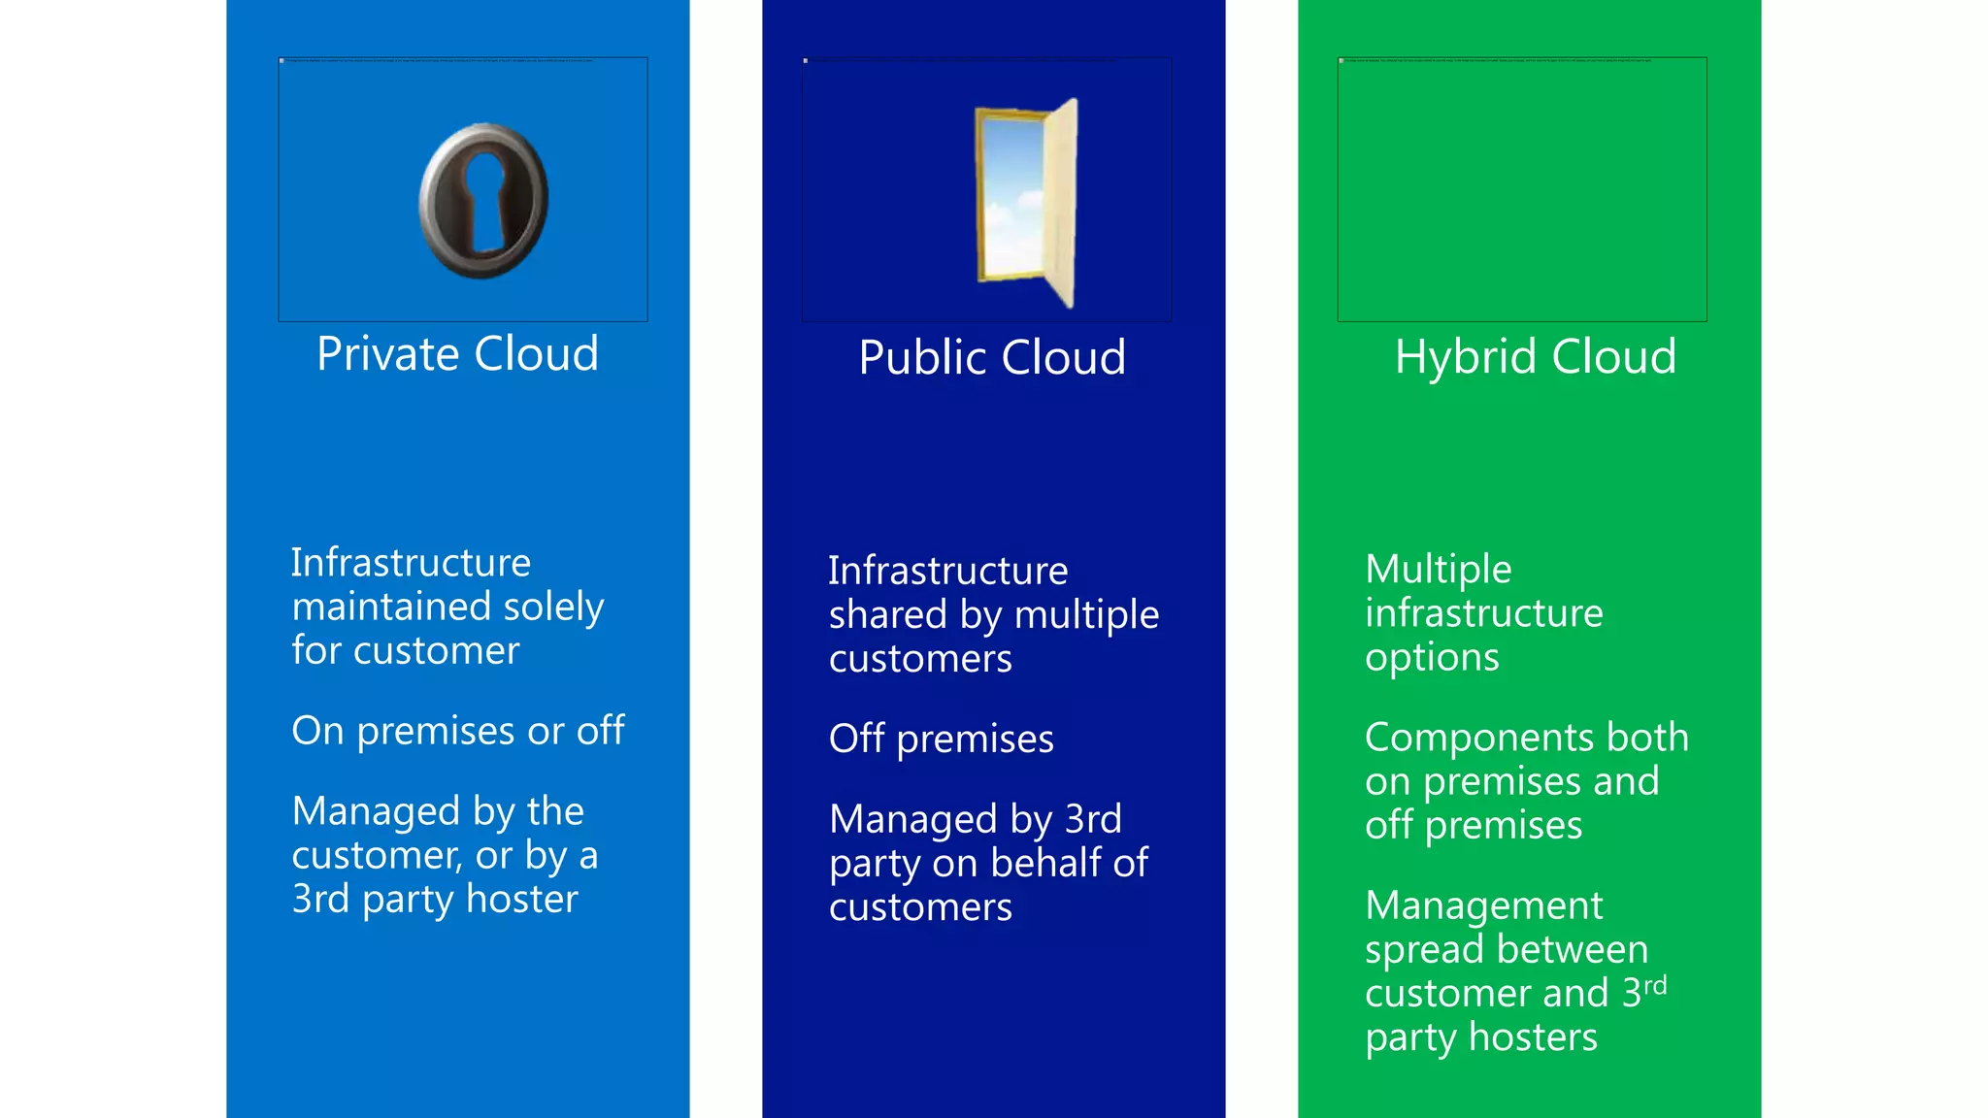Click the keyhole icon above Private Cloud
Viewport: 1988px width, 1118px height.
[x=483, y=201]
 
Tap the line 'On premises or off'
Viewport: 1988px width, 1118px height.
[x=458, y=731]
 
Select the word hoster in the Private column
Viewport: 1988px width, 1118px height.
[x=522, y=899]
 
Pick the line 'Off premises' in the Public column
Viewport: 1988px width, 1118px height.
[x=941, y=740]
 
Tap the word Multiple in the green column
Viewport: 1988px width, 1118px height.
[x=1438, y=570]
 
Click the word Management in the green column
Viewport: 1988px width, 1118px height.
[x=1483, y=905]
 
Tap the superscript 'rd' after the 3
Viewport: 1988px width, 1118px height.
[x=1655, y=986]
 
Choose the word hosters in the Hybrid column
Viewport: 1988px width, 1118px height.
[x=1533, y=1037]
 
